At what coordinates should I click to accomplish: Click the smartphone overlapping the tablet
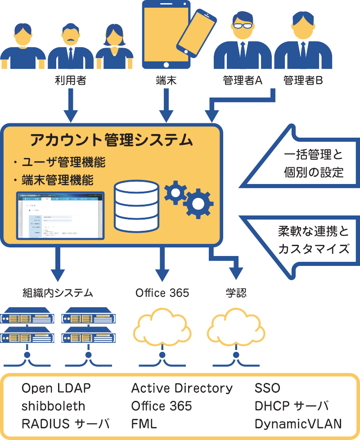click(196, 34)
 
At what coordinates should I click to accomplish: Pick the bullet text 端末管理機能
click(57, 180)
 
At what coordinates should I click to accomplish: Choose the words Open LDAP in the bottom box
click(56, 388)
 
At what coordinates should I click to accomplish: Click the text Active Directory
click(182, 388)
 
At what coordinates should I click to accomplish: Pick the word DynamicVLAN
click(298, 424)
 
